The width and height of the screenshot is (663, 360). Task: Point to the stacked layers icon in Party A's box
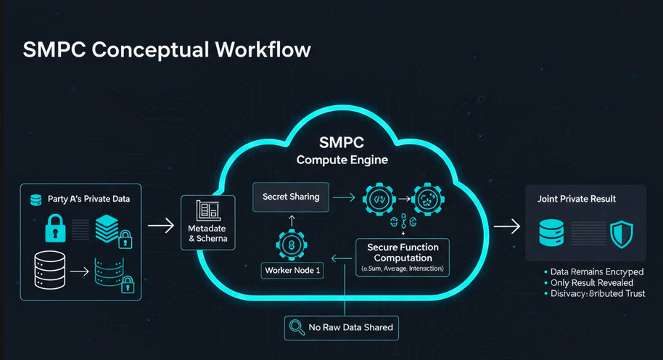107,226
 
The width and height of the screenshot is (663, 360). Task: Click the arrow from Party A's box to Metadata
160,226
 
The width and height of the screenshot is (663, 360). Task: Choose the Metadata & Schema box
207,223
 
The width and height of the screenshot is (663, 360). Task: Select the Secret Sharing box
291,196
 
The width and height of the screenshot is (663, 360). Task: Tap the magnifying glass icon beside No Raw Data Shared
296,327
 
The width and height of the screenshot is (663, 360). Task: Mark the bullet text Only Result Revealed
592,282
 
